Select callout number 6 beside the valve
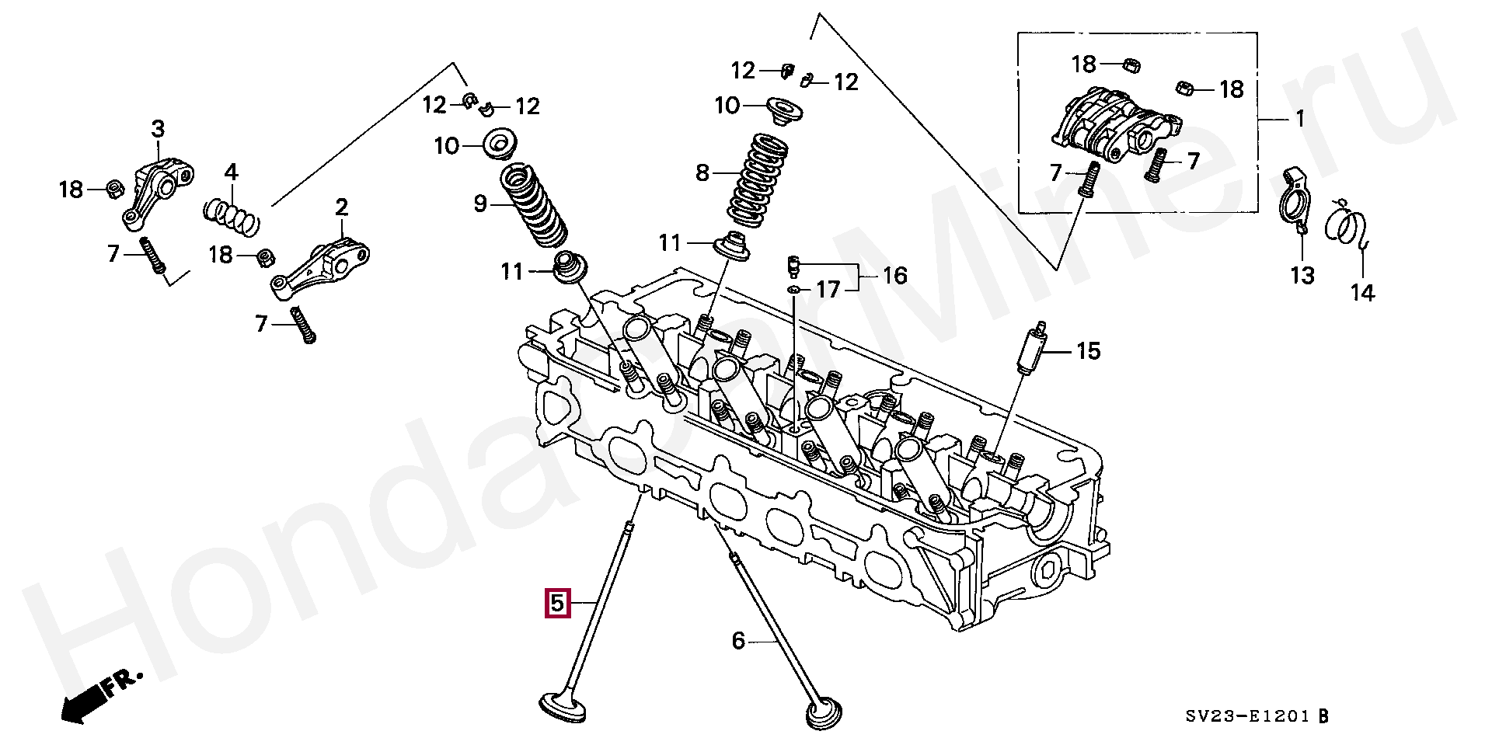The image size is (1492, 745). [738, 641]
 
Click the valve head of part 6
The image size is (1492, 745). [824, 713]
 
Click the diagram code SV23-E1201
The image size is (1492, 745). [1248, 717]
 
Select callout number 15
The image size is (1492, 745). [1089, 351]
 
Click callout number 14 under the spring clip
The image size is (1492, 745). [1362, 293]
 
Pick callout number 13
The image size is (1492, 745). [1302, 275]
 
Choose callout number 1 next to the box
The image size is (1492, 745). [1299, 120]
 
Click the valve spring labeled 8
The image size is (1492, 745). [758, 180]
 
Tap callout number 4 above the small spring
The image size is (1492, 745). [231, 172]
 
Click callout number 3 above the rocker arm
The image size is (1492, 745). [158, 129]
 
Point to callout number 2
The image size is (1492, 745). [341, 207]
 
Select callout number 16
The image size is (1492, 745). [895, 276]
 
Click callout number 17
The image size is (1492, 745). [828, 290]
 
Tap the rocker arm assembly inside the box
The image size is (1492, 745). [1115, 125]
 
